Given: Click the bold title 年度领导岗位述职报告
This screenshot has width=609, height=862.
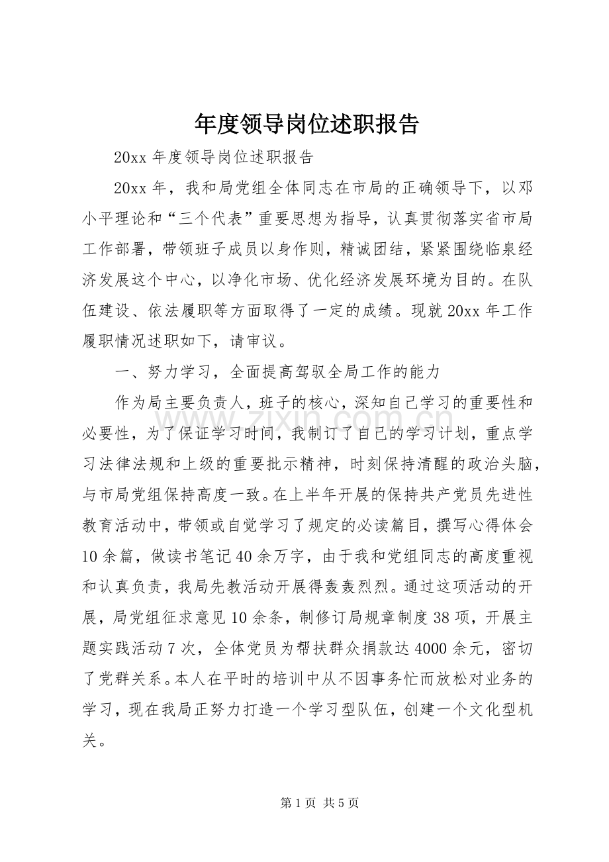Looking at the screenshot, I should pos(306,123).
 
